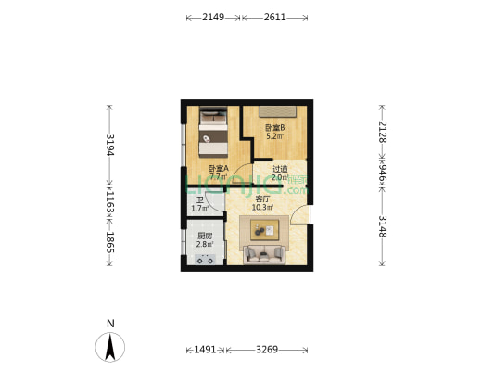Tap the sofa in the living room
(x=267, y=255)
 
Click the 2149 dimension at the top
(x=212, y=18)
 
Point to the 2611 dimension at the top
(x=274, y=18)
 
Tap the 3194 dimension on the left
(x=109, y=145)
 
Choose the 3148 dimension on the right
(x=382, y=227)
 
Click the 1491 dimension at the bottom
(x=206, y=350)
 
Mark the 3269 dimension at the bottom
(x=266, y=350)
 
